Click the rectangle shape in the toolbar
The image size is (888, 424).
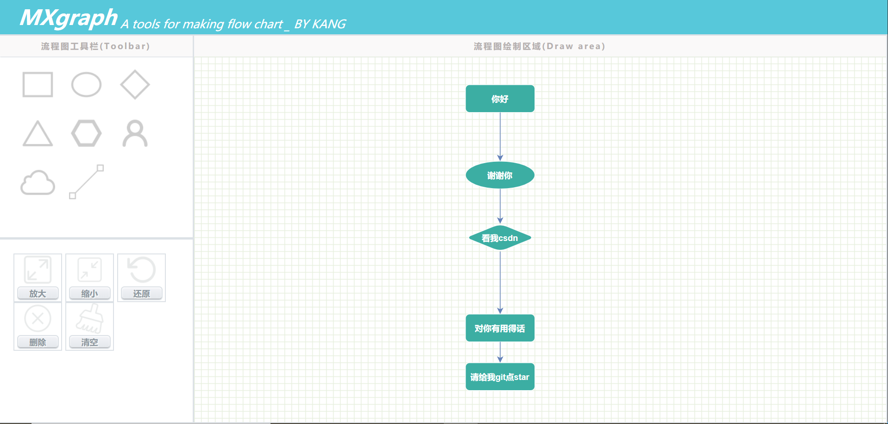point(38,84)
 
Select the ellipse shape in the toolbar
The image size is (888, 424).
point(86,84)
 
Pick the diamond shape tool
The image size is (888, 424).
point(135,84)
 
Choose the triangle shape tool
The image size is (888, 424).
point(38,134)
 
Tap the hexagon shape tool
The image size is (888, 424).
point(86,133)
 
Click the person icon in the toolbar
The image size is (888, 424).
point(135,133)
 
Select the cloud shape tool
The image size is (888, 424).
point(38,183)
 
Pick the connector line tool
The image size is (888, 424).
point(86,182)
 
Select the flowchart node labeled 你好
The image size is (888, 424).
point(500,99)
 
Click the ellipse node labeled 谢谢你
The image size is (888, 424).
point(500,175)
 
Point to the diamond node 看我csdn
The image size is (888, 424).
point(500,238)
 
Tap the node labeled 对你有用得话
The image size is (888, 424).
point(500,328)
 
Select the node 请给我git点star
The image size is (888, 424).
point(500,377)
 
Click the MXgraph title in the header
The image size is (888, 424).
point(69,18)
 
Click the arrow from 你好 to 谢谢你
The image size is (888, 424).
point(500,137)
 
